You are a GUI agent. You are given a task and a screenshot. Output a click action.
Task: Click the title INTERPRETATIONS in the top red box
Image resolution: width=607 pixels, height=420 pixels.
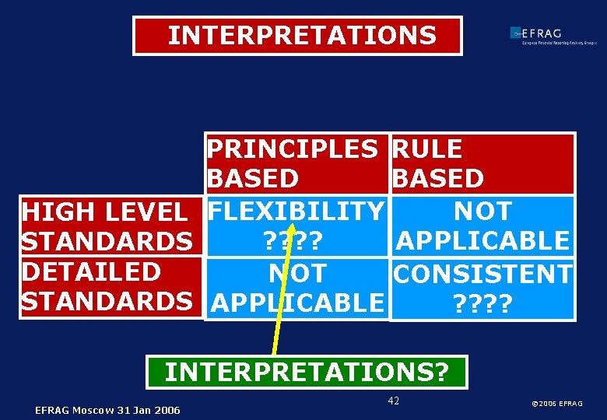click(x=302, y=36)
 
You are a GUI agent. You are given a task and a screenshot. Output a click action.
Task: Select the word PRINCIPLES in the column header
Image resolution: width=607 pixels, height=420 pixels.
click(x=292, y=149)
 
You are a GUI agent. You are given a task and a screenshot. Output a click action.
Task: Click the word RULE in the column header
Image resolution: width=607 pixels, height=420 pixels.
click(x=427, y=149)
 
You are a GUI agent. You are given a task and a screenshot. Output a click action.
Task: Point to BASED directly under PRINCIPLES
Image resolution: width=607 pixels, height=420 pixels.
click(x=253, y=179)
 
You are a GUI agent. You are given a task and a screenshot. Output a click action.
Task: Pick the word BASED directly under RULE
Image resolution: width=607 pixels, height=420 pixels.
click(x=438, y=179)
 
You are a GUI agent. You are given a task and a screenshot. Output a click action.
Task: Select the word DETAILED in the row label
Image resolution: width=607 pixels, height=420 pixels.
click(x=91, y=272)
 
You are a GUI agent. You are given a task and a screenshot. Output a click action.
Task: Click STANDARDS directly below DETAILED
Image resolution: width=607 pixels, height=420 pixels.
click(x=107, y=303)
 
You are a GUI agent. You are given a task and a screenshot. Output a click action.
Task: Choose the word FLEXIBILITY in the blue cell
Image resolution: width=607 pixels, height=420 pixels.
click(x=296, y=211)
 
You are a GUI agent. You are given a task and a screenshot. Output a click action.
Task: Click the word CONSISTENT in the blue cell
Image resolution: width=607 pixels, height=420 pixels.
click(x=483, y=274)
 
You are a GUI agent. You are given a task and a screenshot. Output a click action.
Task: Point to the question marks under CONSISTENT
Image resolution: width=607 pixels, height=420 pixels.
click(x=482, y=303)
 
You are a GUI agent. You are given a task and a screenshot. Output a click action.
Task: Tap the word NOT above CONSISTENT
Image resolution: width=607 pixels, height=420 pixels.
click(x=482, y=211)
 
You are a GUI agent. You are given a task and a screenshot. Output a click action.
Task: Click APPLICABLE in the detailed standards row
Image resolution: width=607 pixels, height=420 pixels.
click(x=297, y=303)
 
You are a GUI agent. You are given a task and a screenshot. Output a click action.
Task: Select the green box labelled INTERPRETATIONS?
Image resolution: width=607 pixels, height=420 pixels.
click(x=307, y=372)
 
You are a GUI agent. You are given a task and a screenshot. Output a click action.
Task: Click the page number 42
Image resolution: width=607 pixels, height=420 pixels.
click(x=393, y=401)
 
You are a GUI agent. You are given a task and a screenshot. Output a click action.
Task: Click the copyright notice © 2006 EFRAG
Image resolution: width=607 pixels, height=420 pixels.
click(x=556, y=404)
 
